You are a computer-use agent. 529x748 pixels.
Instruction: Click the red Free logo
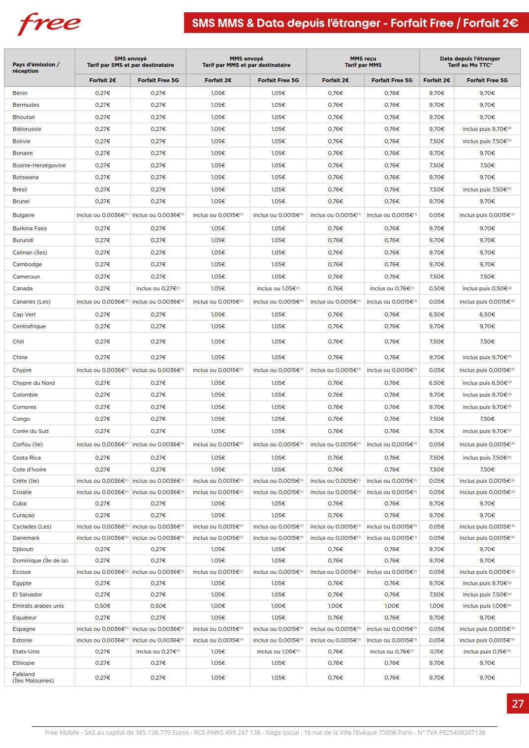(x=49, y=24)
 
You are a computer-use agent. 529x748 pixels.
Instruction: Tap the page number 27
(x=518, y=704)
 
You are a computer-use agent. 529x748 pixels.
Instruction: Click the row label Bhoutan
(x=24, y=117)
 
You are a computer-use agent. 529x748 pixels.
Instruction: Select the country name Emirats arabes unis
(x=38, y=606)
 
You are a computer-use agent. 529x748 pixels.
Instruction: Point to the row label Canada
(x=23, y=288)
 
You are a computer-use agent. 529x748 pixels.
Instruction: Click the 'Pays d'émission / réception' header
(x=36, y=67)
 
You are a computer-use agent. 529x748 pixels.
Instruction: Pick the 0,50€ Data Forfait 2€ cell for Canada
(x=436, y=288)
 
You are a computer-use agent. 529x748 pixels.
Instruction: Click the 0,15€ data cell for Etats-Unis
(x=436, y=652)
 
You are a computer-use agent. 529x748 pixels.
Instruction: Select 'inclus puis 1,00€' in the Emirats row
(x=487, y=606)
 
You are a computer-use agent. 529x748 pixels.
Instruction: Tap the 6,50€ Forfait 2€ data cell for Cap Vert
(x=436, y=314)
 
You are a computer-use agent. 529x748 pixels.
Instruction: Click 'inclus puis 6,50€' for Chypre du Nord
(x=487, y=383)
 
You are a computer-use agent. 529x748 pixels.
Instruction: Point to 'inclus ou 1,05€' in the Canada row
(x=278, y=288)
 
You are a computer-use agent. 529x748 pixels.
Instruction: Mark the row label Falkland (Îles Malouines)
(x=33, y=678)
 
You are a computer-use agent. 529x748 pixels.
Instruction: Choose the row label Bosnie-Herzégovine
(x=39, y=165)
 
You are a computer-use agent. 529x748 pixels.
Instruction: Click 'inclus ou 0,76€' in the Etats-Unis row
(x=392, y=652)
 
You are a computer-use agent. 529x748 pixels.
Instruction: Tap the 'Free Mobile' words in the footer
(x=62, y=732)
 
